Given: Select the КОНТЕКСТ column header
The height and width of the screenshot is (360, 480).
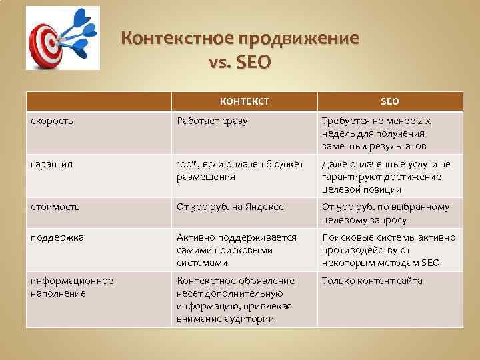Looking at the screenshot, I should tap(245, 101).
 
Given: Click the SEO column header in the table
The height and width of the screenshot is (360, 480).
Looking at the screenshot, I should tap(389, 101).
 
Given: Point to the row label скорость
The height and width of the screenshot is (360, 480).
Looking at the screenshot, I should tap(53, 121).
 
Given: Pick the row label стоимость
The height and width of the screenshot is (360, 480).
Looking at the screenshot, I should tap(56, 207).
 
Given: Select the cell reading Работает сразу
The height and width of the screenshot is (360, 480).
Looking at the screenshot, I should tap(211, 121).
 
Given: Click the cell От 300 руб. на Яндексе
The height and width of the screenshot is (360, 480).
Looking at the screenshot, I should tap(230, 207).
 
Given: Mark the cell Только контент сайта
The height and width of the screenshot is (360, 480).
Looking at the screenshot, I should tap(372, 281).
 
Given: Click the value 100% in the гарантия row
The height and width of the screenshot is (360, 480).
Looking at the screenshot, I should tap(189, 164).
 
